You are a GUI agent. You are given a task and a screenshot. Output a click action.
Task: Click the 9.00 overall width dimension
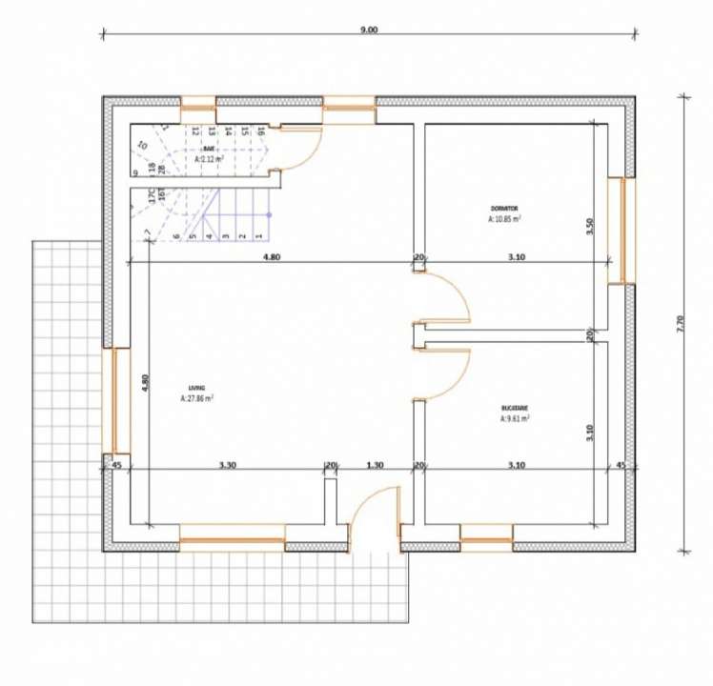[369, 30]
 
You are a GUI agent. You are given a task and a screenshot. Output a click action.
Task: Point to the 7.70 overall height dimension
[680, 324]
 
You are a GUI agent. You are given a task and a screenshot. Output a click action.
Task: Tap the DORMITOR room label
[504, 208]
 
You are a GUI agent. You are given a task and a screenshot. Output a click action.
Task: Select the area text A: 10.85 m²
[504, 218]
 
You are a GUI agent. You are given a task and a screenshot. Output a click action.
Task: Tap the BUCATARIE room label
[515, 407]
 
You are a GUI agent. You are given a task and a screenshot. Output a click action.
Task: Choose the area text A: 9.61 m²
[515, 417]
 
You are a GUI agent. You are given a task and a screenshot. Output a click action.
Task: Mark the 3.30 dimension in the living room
[227, 465]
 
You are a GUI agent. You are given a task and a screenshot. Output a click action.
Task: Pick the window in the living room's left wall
[120, 400]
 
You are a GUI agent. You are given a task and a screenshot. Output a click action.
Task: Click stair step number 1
[257, 235]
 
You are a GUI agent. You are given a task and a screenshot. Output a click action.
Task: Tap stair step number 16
[259, 131]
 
